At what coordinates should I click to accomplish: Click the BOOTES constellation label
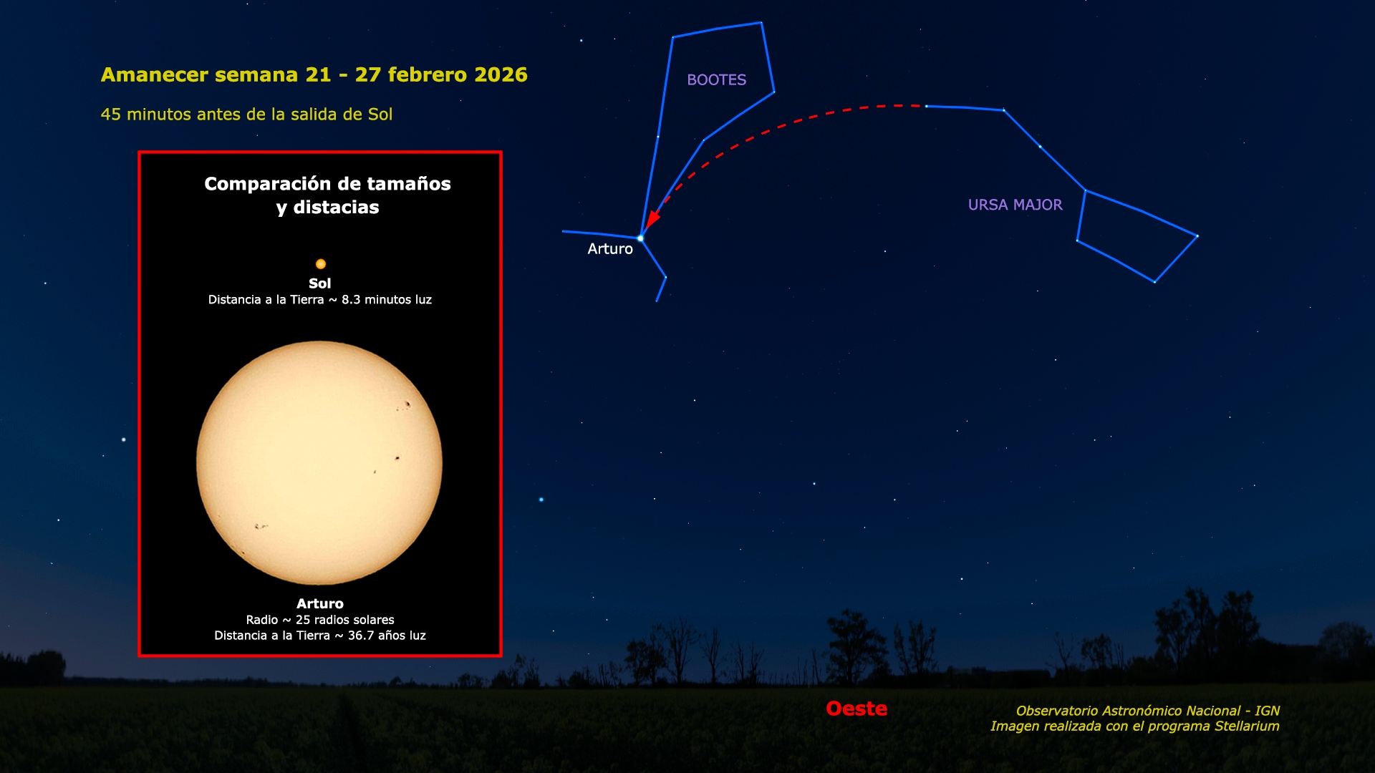pos(716,80)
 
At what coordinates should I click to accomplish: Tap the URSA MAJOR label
pos(1015,205)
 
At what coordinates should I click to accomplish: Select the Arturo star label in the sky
pos(610,249)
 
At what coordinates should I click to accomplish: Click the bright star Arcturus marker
pos(640,238)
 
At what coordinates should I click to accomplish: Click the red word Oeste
pos(857,709)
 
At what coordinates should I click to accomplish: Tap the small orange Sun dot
pos(321,264)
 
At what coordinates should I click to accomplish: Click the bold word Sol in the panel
pos(319,283)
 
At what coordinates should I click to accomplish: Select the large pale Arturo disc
pos(319,463)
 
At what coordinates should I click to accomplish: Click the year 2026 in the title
pos(501,74)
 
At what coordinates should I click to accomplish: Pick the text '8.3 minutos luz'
pos(387,300)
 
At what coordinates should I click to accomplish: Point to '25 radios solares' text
pos(345,620)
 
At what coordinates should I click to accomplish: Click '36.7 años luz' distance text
pos(387,636)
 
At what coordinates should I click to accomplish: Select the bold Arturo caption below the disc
pos(319,604)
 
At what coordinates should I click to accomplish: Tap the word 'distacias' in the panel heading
pos(336,208)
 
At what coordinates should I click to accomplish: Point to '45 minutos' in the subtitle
pos(142,115)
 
